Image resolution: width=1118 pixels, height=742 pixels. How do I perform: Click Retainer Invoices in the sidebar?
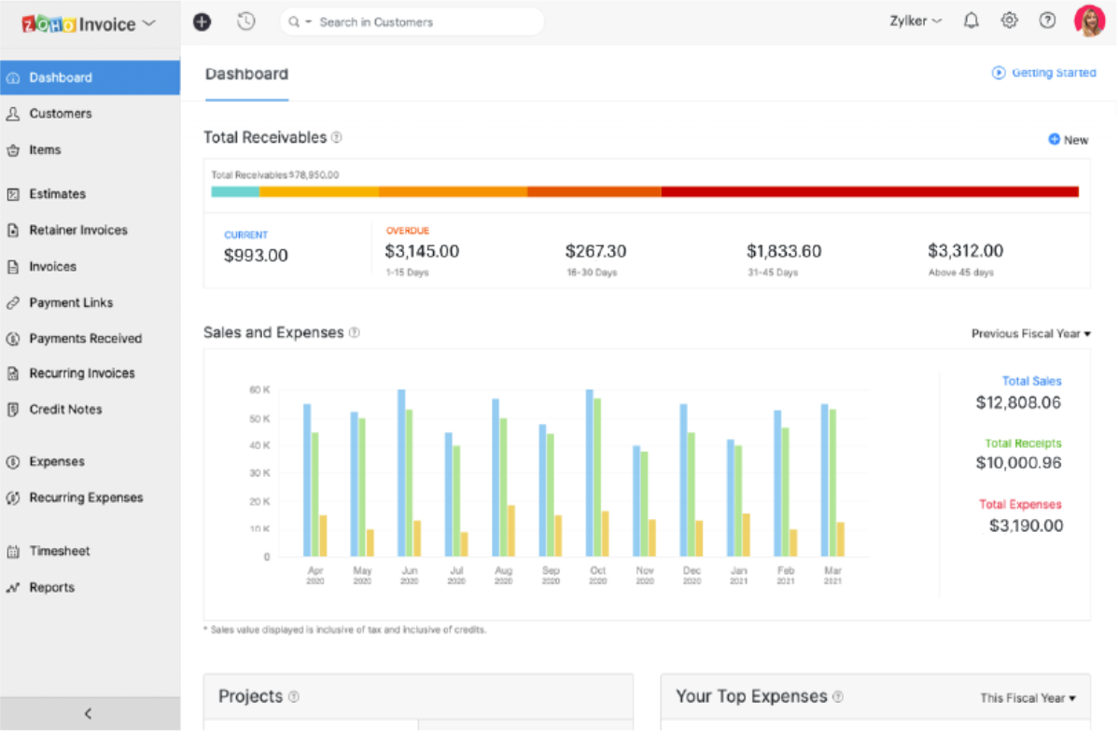[77, 231]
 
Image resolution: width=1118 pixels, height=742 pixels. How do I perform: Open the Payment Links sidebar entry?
[70, 303]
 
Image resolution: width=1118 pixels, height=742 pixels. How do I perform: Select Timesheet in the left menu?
[59, 552]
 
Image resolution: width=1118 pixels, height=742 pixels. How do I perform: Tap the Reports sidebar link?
[51, 588]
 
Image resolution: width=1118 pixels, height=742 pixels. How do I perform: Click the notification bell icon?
[971, 21]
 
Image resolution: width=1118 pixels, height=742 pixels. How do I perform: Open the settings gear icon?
[1009, 21]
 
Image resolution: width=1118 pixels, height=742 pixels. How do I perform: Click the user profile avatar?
[1089, 21]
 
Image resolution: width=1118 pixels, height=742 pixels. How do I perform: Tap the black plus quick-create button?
[202, 21]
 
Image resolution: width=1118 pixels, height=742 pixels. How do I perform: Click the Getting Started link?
[1044, 73]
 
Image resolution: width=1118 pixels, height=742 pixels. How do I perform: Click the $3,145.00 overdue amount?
[422, 251]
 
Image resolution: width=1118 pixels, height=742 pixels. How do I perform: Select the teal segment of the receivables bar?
[235, 191]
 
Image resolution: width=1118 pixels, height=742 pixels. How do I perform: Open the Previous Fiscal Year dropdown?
[1030, 334]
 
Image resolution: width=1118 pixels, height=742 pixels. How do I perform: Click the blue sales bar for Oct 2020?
[589, 472]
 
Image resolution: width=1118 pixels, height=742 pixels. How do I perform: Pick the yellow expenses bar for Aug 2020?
[511, 531]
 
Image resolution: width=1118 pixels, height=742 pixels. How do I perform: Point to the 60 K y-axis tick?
[259, 390]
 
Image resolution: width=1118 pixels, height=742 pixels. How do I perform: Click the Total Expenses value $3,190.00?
[1026, 525]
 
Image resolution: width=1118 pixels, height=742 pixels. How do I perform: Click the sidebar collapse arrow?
[89, 714]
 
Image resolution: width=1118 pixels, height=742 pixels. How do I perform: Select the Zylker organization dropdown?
[915, 21]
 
